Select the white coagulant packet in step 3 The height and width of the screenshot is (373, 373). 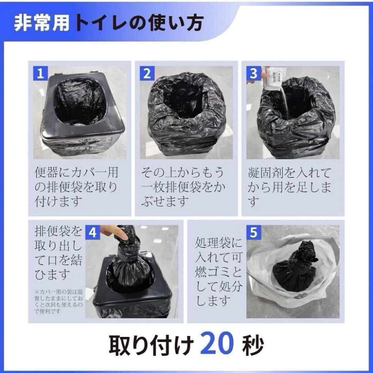pos(273,78)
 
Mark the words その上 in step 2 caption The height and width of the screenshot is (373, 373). pos(159,173)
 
